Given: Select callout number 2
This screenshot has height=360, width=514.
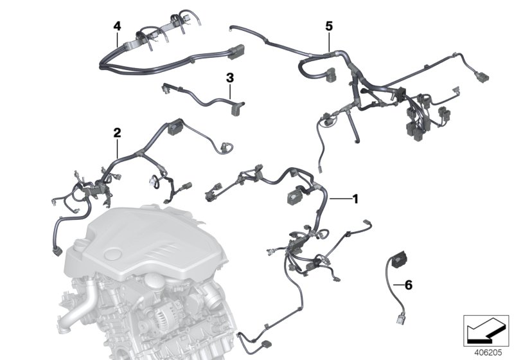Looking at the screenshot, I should coord(117,132).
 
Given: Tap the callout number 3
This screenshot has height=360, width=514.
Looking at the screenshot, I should coord(230,78).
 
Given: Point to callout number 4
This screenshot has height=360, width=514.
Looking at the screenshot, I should coord(116,26).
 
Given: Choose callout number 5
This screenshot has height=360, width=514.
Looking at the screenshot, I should coord(329,26).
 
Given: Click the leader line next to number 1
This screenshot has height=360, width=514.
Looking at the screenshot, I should coord(341,200).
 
